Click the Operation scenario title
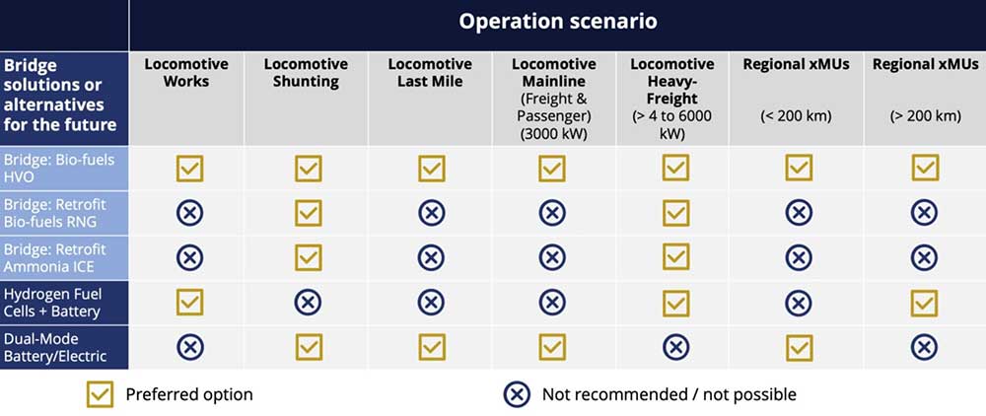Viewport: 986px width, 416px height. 558,22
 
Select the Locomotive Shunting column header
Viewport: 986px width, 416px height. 306,73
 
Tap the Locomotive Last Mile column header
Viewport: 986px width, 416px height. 430,73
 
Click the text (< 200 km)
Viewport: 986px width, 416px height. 796,116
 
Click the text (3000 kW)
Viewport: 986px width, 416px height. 553,134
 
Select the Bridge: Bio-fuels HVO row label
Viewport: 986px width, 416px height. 59,169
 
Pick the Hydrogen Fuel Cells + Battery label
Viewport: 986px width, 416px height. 53,303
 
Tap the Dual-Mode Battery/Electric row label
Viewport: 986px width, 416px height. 55,348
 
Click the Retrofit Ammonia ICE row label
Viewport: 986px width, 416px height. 55,257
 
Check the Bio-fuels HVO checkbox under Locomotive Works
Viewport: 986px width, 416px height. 189,168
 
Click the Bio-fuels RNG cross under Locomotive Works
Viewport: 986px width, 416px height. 189,213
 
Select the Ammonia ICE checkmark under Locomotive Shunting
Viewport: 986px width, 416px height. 308,257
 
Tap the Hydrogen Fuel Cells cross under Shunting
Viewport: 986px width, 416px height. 308,303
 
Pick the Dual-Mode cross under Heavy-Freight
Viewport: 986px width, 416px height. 675,347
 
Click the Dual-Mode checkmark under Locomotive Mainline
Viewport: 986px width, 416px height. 551,347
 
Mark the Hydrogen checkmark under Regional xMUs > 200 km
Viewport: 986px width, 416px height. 925,303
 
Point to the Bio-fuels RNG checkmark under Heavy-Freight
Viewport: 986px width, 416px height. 675,213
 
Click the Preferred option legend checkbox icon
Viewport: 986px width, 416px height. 100,394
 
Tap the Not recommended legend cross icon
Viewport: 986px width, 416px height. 517,394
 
